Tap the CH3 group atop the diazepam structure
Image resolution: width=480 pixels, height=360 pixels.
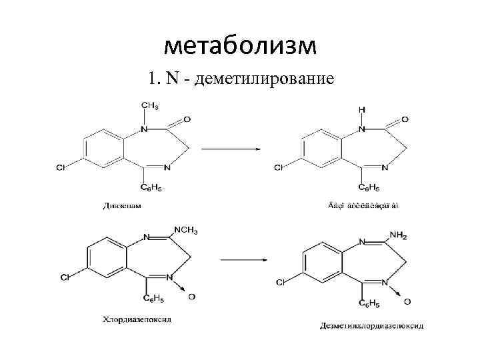tap(149, 106)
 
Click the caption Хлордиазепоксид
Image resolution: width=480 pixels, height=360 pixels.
tap(137, 319)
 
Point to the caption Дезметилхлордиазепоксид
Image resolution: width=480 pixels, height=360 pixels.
tap(371, 326)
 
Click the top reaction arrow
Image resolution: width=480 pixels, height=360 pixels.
tap(230, 149)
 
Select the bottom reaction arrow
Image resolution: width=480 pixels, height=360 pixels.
tap(239, 259)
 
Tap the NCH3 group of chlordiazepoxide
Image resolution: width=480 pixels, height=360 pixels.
tap(186, 231)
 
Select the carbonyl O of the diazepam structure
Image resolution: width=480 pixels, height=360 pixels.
tap(187, 119)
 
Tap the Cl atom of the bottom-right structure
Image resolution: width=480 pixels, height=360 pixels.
tap(280, 283)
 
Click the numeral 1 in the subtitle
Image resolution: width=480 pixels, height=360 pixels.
tap(153, 79)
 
